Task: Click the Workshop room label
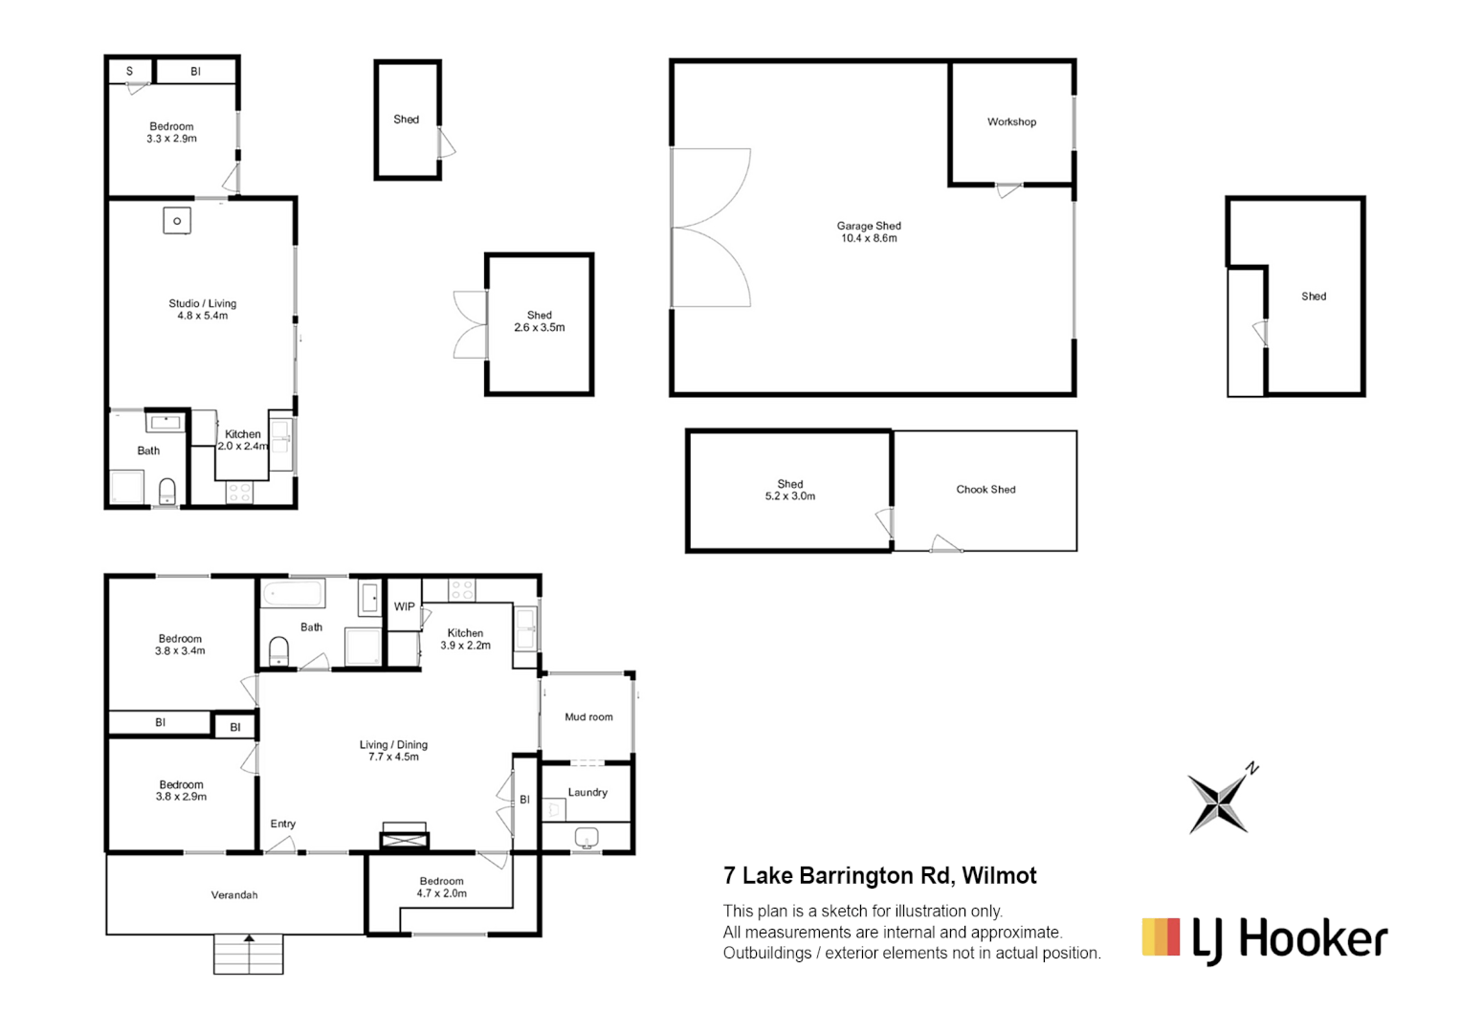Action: [x=1011, y=122]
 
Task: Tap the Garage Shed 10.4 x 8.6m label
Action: [x=869, y=232]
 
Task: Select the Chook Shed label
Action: [x=985, y=490]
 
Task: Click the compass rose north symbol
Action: [x=1220, y=802]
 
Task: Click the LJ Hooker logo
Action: [x=1264, y=938]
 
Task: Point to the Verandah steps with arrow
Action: [x=249, y=954]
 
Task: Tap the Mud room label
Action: [x=588, y=717]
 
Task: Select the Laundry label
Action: [x=587, y=793]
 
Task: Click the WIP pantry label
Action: [x=405, y=607]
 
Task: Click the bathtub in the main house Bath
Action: [x=292, y=594]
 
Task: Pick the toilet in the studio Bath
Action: [x=167, y=491]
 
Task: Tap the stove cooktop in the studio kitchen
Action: [x=239, y=493]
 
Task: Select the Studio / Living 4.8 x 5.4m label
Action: [x=202, y=310]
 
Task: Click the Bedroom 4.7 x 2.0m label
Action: [x=441, y=888]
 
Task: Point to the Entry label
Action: [x=282, y=824]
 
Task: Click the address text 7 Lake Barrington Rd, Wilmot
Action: [x=879, y=876]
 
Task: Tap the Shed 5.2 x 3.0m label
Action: [x=789, y=491]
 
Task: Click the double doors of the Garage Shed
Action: [x=710, y=229]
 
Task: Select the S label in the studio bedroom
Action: [x=129, y=72]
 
